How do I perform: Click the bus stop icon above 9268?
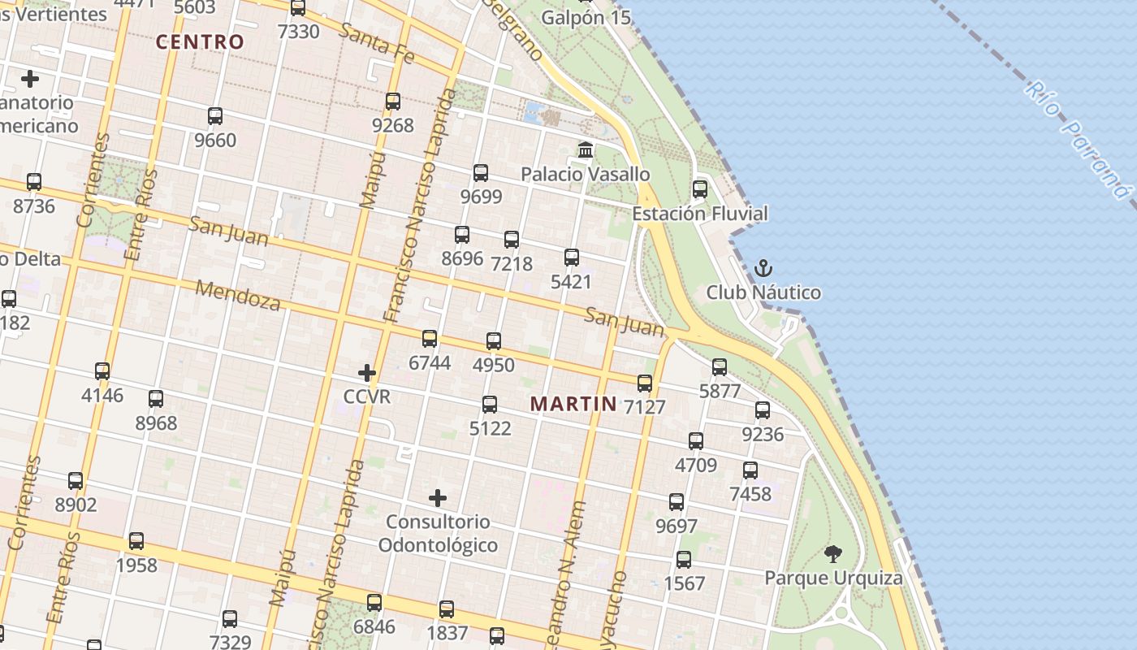tap(393, 102)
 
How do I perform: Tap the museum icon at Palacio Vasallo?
tap(585, 150)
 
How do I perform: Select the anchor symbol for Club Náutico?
tap(763, 268)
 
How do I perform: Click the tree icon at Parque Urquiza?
tap(832, 554)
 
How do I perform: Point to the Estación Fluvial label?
tap(700, 214)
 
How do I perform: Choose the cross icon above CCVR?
tap(367, 373)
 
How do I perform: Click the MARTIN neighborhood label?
tap(573, 403)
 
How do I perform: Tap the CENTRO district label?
tap(200, 42)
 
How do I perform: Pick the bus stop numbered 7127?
tap(645, 383)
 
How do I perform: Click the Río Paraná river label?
tap(1077, 139)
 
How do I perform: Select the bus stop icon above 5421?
tap(572, 258)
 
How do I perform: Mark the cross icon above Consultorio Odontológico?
tap(438, 497)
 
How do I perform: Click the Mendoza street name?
tap(238, 296)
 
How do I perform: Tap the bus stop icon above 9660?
tap(215, 116)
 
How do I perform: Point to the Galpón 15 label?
tap(586, 17)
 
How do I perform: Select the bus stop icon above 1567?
tap(684, 559)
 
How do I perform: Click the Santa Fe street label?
tap(377, 44)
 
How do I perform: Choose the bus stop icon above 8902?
tap(76, 480)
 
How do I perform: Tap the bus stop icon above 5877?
tap(720, 366)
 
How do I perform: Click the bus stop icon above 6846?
tap(374, 603)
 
